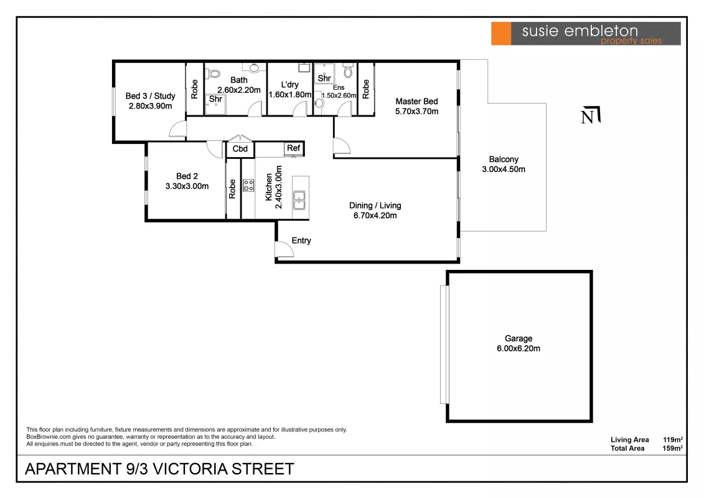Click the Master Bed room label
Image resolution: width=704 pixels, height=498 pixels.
(x=416, y=102)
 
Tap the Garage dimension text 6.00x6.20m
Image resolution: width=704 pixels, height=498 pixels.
(x=518, y=348)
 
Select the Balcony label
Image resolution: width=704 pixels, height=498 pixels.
(x=504, y=159)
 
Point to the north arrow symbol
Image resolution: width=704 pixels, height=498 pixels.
(x=591, y=115)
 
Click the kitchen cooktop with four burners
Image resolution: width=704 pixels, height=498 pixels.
(x=248, y=185)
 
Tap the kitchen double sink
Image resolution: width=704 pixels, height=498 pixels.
(x=299, y=201)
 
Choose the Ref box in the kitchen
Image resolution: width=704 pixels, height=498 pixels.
(x=294, y=148)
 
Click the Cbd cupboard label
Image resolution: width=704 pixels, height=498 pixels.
(x=240, y=149)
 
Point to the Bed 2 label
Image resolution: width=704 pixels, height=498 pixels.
(x=187, y=176)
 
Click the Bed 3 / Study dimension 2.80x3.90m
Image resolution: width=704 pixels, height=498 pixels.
(x=151, y=106)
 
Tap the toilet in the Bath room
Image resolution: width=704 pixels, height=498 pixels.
(x=213, y=74)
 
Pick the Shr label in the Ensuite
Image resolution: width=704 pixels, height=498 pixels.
(x=324, y=78)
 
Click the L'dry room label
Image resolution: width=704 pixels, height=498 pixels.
(x=289, y=85)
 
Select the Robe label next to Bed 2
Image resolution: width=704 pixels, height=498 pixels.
(x=232, y=189)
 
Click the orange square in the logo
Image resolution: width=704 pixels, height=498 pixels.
(x=501, y=33)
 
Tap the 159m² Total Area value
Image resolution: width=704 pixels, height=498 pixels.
(x=673, y=448)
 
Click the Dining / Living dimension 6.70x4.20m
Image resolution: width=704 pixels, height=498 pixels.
(x=375, y=216)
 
